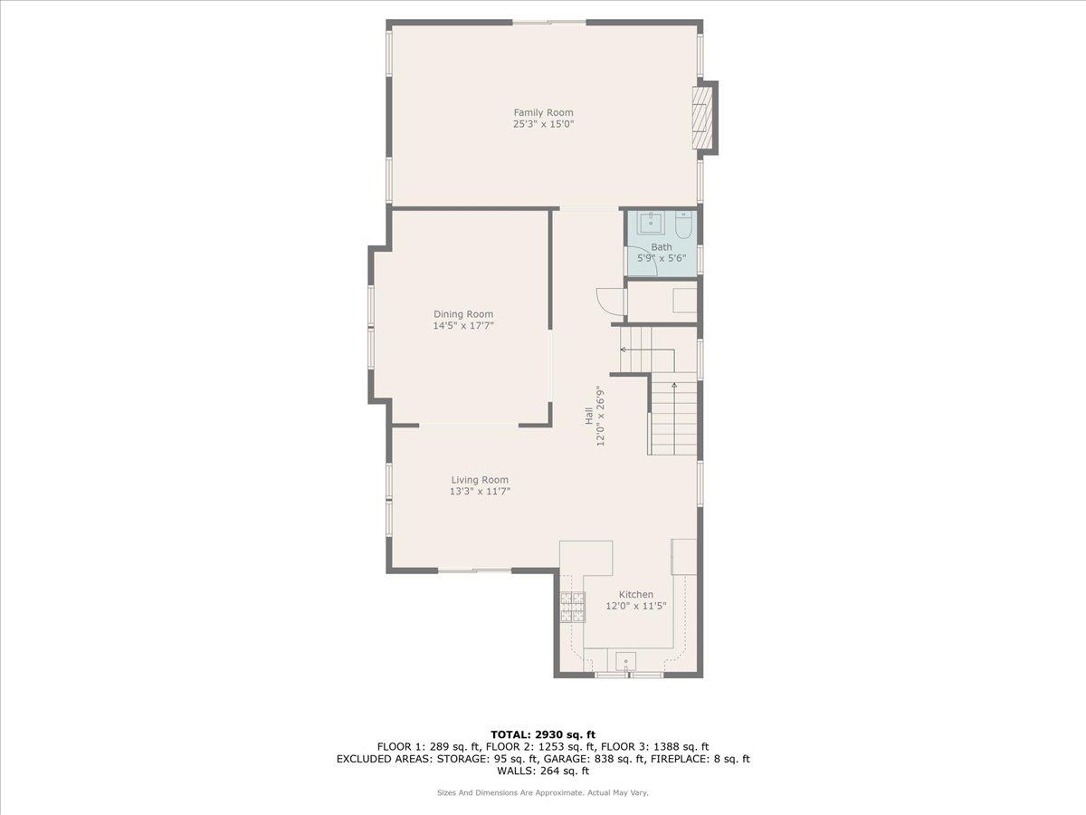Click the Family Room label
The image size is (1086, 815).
543,112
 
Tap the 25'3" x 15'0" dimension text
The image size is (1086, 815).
543,124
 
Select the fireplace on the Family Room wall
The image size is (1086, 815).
703,118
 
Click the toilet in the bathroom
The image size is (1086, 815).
684,224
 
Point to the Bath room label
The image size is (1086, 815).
662,246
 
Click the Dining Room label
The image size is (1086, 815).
462,314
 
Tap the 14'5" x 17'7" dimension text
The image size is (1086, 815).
462,326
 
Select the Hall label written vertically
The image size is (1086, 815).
588,417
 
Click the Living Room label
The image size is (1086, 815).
480,480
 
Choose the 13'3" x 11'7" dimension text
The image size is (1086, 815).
480,492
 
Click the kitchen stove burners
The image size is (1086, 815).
571,607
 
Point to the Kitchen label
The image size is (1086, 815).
635,595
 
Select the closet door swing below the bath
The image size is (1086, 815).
609,300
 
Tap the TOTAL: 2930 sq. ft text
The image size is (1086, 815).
543,734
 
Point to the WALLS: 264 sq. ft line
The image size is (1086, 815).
543,772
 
